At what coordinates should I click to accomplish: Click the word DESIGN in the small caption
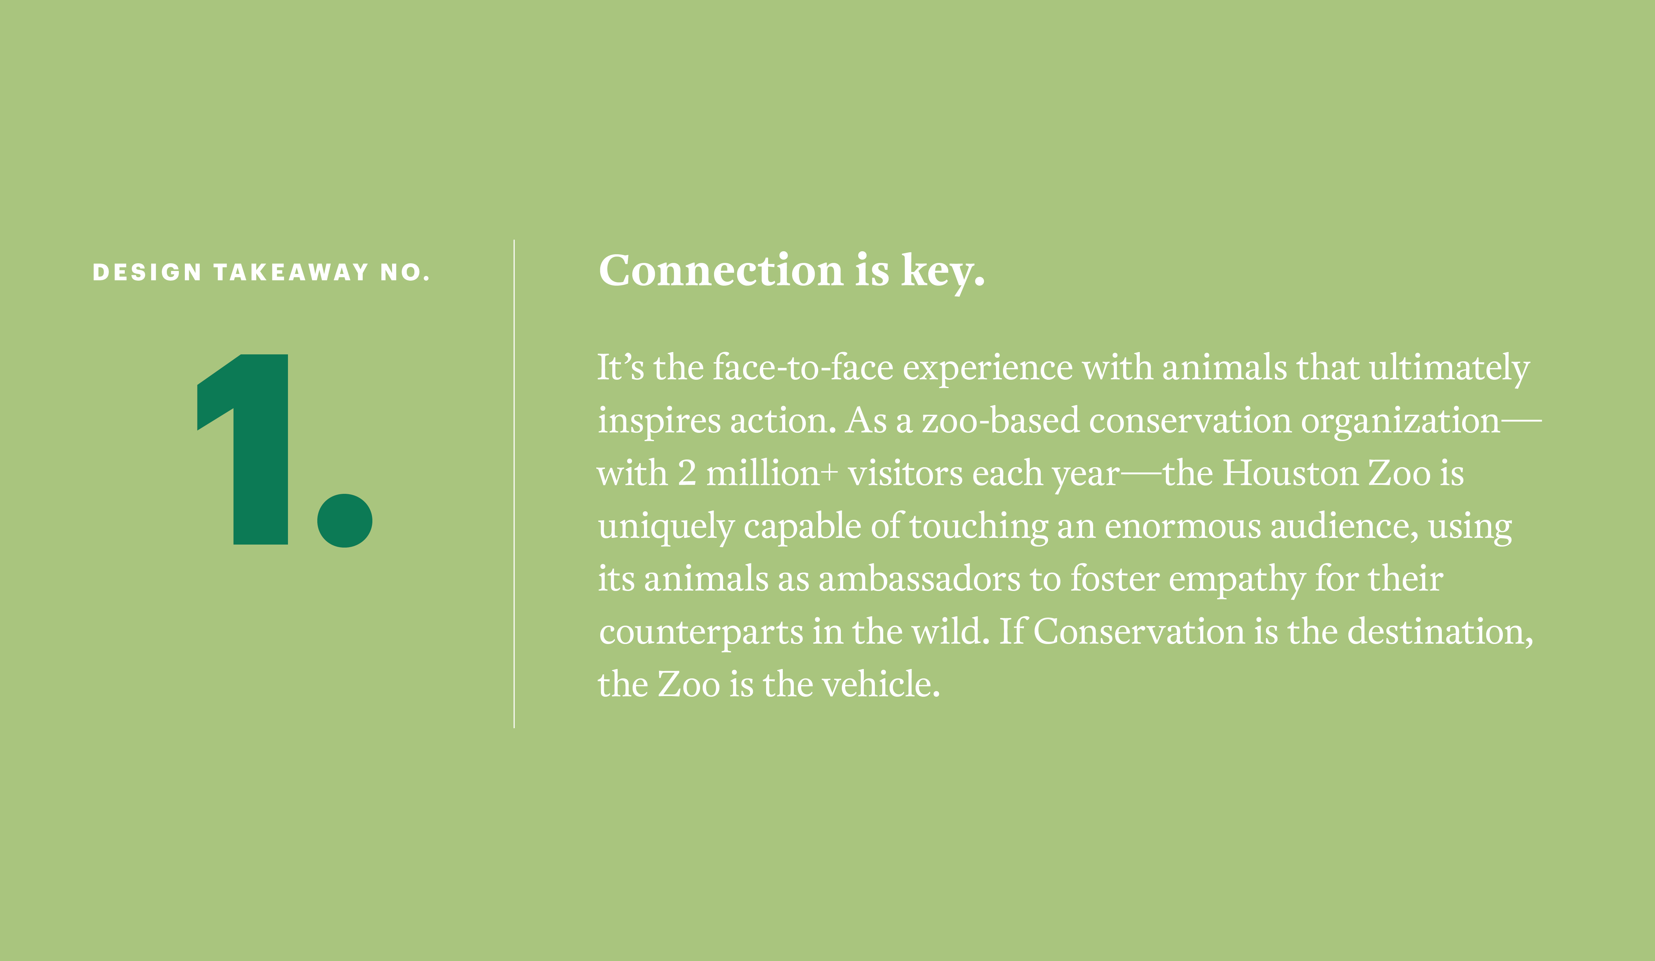tap(147, 272)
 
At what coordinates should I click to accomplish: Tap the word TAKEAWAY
tap(292, 272)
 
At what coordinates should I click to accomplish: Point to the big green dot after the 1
tap(345, 520)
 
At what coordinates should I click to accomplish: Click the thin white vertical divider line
tap(514, 484)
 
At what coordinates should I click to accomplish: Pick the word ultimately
tap(1449, 368)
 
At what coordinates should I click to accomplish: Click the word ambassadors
tap(920, 579)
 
